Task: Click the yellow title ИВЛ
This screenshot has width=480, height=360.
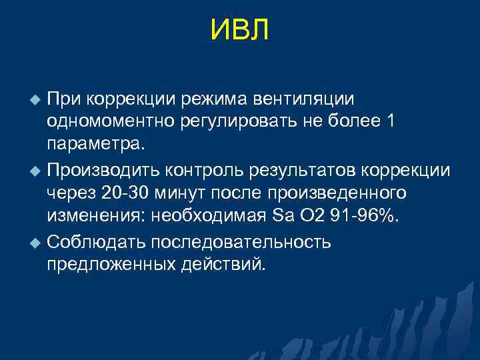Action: [x=239, y=30]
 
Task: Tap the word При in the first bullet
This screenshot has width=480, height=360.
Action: [x=64, y=99]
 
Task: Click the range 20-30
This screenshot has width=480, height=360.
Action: [x=120, y=193]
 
